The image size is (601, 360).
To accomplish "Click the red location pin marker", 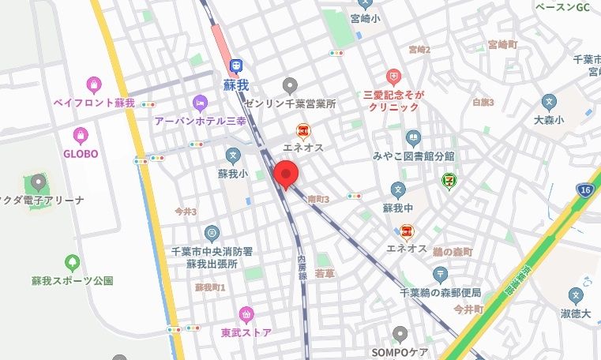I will coord(285,173).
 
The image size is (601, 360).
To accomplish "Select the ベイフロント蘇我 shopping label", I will coord(94,103).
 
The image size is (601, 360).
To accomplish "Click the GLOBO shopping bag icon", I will coord(80,135).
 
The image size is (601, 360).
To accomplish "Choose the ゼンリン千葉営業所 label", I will coord(290,103).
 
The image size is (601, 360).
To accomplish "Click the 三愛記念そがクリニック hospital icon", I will coord(393,77).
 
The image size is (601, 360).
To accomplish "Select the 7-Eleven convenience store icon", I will coord(449,181).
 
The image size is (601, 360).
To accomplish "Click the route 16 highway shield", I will coord(585,190).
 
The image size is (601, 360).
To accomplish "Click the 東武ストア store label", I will coord(246,332).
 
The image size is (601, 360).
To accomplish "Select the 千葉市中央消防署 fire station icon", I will coord(212,233).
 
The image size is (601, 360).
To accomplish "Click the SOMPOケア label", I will coord(400,351).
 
